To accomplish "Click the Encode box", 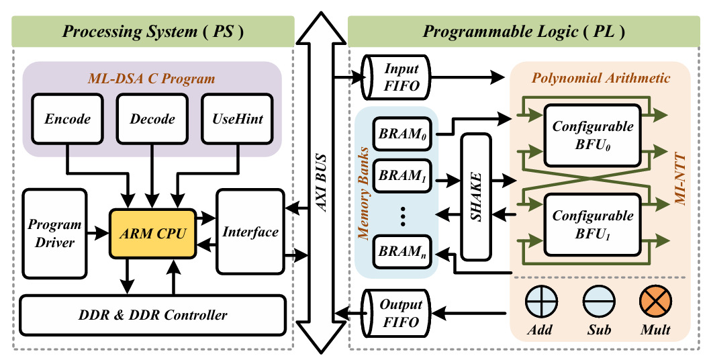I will [68, 119].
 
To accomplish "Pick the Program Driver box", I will [55, 233].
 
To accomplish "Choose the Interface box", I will [250, 232].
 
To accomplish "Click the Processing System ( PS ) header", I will [152, 31].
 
